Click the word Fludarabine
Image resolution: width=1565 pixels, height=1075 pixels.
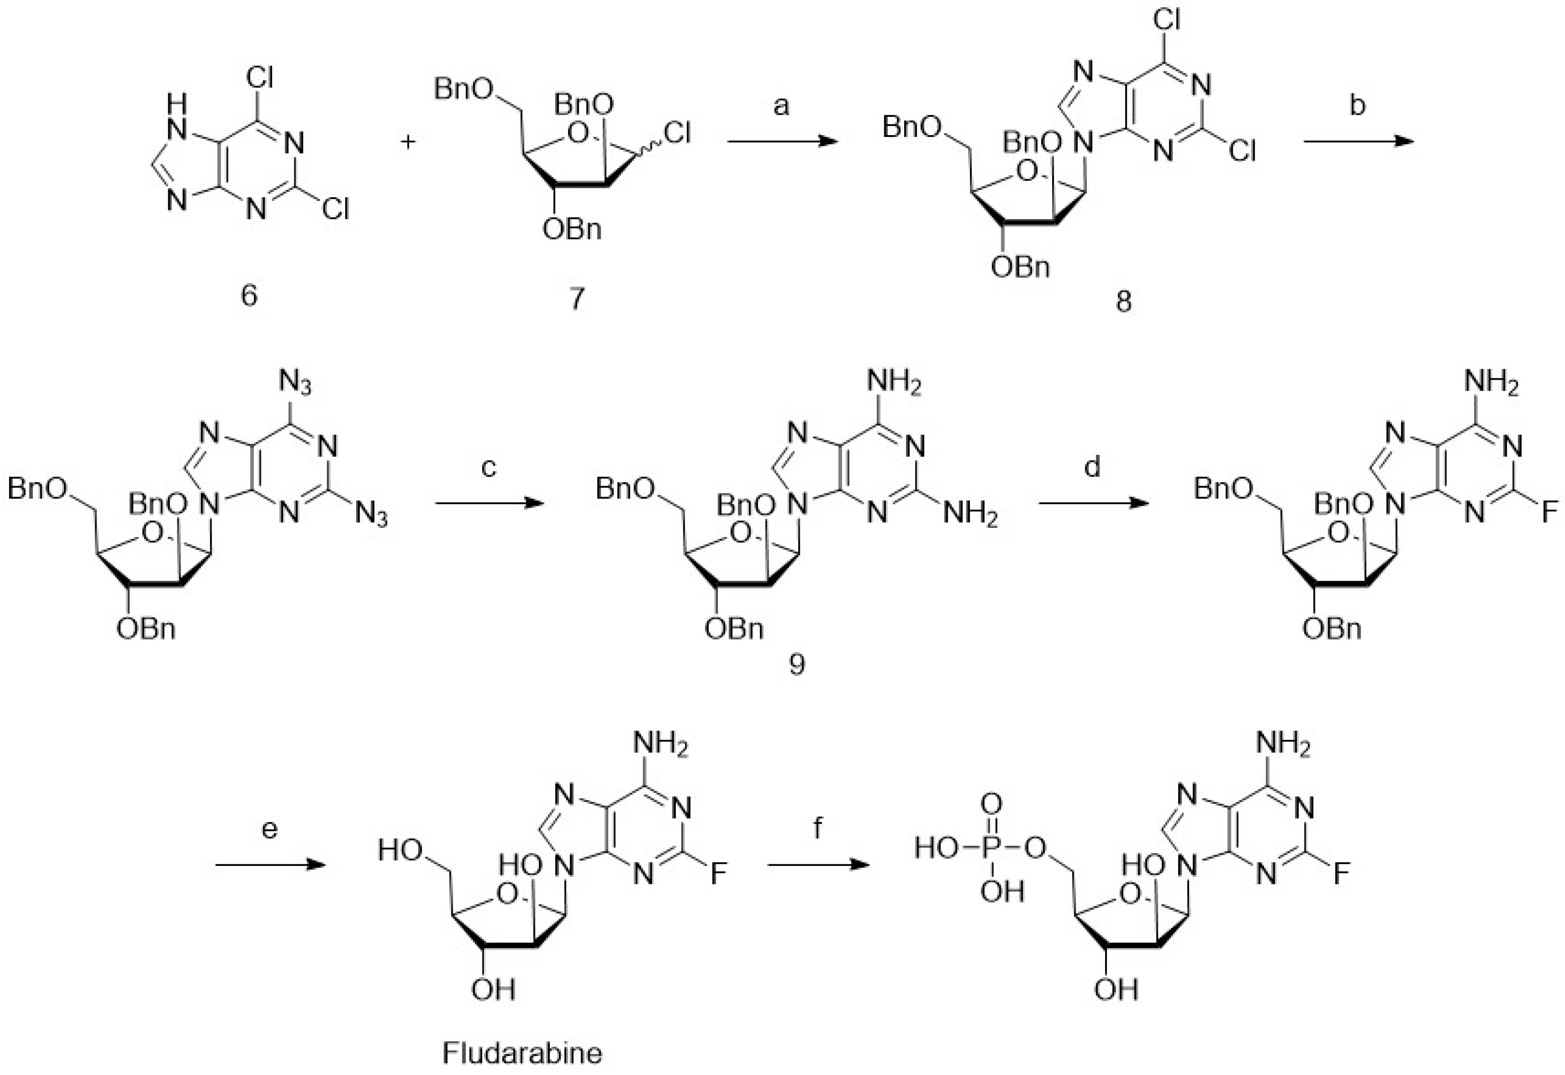(522, 1052)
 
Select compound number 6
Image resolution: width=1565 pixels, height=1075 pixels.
(249, 295)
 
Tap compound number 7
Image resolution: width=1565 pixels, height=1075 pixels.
(577, 297)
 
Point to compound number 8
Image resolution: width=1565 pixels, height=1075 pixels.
(1123, 301)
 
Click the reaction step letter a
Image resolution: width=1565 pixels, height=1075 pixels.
(781, 106)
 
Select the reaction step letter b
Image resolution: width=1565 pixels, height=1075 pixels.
(1357, 106)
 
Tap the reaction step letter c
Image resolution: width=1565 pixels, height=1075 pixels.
(489, 466)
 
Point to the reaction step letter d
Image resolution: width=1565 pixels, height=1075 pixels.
(1092, 466)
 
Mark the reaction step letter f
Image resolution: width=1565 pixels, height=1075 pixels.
(818, 828)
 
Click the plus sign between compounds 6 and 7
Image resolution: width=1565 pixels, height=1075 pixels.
(408, 142)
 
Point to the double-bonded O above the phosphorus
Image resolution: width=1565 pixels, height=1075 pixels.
(991, 804)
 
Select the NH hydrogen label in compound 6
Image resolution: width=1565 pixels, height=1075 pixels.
(176, 103)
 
